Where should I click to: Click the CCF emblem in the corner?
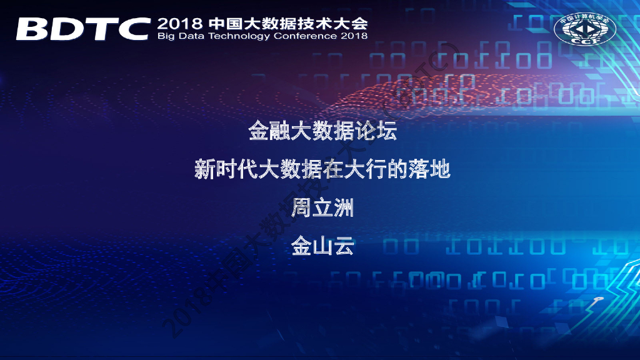(585, 29)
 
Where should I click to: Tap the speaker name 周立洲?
(322, 207)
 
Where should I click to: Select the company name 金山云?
(322, 245)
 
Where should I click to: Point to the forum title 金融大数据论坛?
(322, 131)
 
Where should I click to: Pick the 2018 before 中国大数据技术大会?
(179, 24)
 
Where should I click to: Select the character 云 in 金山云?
(344, 245)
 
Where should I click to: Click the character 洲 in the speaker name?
(344, 207)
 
